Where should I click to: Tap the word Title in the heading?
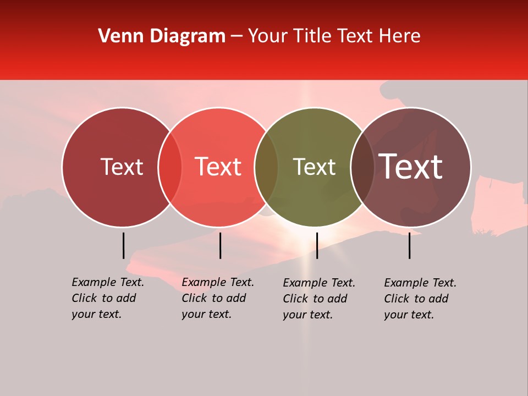click(313, 36)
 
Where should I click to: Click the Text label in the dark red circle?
click(122, 167)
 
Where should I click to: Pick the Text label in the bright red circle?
click(218, 167)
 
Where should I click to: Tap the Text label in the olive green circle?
click(315, 167)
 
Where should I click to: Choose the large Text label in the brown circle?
click(410, 167)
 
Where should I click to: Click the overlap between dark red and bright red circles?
click(170, 167)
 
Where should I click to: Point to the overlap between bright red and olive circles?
click(266, 167)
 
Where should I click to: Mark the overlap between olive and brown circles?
click(362, 167)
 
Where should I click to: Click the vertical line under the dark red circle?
click(123, 245)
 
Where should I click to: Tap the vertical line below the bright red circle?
click(220, 245)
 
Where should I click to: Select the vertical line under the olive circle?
click(317, 245)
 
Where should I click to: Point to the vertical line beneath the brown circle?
click(409, 245)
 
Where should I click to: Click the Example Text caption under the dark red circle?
click(108, 298)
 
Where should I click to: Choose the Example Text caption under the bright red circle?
click(218, 298)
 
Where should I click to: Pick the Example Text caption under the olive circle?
click(319, 299)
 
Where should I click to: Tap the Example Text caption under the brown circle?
click(420, 299)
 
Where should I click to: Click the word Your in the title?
click(267, 36)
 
